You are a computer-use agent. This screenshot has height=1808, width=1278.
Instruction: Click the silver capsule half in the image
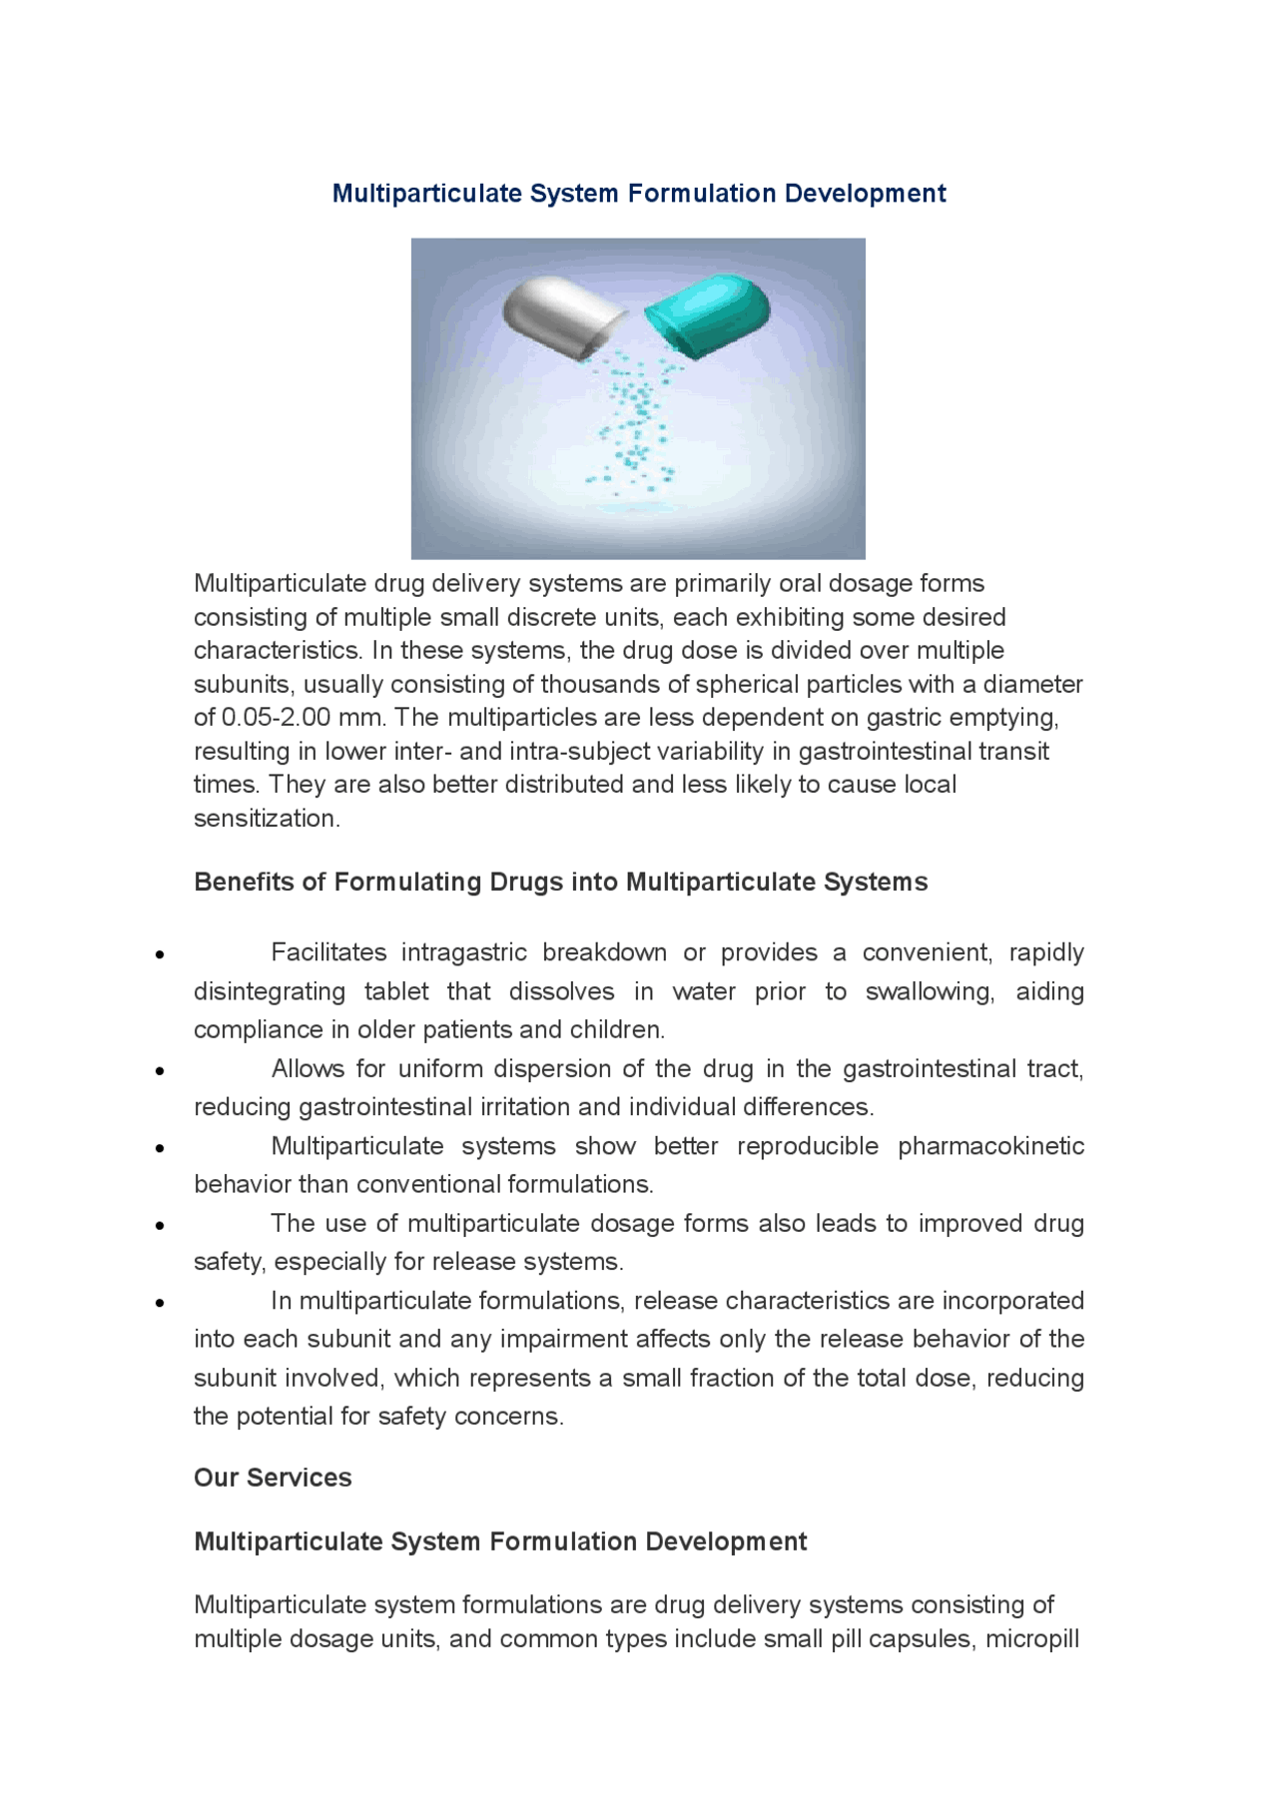pos(559,314)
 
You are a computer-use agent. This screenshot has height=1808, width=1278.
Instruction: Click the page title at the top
pos(639,194)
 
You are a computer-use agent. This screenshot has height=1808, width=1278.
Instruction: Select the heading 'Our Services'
pos(273,1478)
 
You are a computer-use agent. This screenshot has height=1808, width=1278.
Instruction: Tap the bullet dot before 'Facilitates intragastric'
pos(160,954)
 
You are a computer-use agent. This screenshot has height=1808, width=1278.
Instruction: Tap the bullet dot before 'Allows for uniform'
pos(160,1070)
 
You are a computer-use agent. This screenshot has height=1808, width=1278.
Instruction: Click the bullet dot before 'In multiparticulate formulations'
pos(160,1302)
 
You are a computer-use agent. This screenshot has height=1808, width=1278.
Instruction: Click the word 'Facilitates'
pos(328,952)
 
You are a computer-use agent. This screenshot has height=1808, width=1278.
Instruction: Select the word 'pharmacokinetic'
pos(990,1146)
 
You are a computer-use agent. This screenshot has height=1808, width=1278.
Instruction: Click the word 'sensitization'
pos(265,819)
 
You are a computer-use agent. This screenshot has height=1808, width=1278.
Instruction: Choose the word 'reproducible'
pos(808,1146)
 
